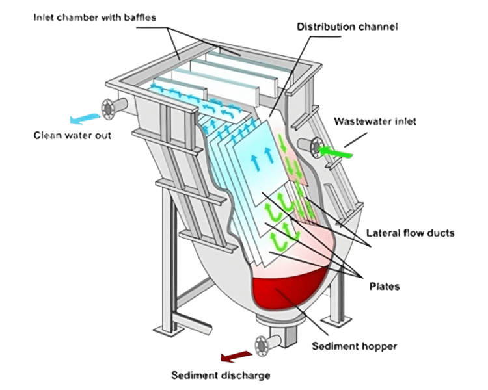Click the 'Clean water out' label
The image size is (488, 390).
pyautogui.click(x=72, y=136)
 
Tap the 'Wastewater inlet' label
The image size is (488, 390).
pyautogui.click(x=366, y=122)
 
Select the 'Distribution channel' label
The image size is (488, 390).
pyautogui.click(x=347, y=27)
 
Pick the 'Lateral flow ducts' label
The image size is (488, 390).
pyautogui.click(x=410, y=232)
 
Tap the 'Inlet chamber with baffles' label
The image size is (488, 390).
pyautogui.click(x=94, y=18)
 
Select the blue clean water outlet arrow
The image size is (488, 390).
pyautogui.click(x=84, y=118)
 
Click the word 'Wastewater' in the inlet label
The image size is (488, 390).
pyautogui.click(x=351, y=122)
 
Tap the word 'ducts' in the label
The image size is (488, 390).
pyautogui.click(x=441, y=232)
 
